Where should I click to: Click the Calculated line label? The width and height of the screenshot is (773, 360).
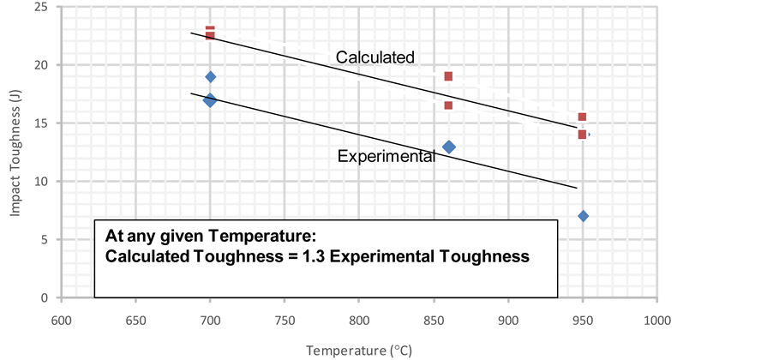point(375,57)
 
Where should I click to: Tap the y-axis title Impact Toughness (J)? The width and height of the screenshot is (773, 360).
point(16,153)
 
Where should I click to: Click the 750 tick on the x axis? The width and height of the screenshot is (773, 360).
point(285,320)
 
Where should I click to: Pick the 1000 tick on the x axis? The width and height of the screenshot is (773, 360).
point(656,320)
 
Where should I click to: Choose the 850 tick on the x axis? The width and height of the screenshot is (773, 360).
point(434,320)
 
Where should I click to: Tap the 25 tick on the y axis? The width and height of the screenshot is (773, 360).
point(40,7)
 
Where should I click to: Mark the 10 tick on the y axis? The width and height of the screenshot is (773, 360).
point(40,182)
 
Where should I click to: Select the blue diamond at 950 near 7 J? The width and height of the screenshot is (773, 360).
point(583,216)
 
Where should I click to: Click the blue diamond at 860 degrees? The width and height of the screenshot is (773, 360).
point(448,147)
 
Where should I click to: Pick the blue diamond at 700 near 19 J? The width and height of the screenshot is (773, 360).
point(210,77)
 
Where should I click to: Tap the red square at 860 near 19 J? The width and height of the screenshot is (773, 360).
point(448,76)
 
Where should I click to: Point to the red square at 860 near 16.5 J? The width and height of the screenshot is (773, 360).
point(448,105)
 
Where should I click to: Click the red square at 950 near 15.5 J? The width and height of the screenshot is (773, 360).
point(582,117)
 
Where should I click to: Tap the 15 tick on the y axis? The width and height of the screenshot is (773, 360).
point(40,123)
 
